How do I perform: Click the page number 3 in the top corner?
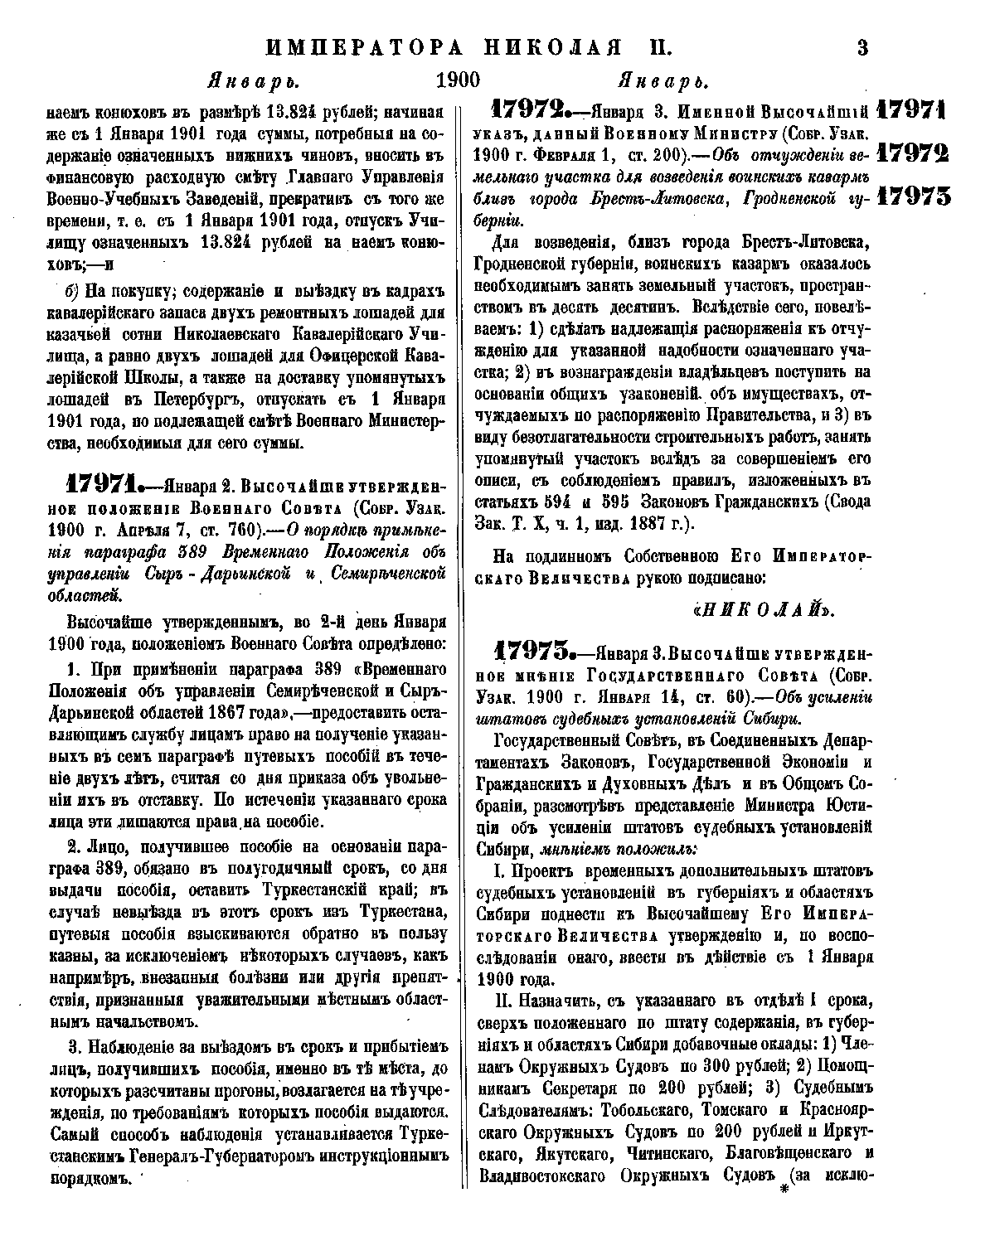click(862, 47)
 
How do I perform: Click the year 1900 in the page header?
click(458, 82)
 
